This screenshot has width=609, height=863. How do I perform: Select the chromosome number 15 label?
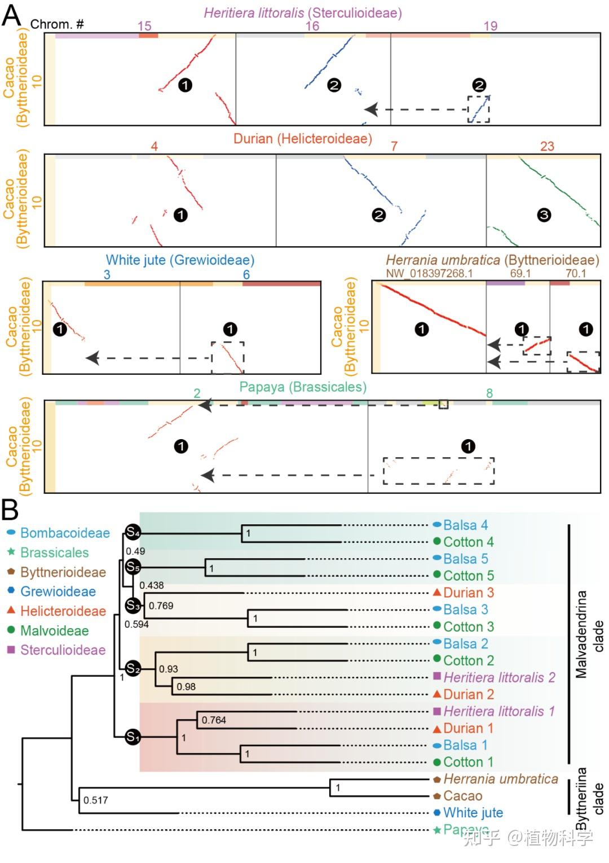click(x=144, y=26)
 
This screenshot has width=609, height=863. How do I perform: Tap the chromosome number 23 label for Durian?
click(x=547, y=146)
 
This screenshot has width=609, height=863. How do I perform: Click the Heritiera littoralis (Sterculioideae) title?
click(x=303, y=13)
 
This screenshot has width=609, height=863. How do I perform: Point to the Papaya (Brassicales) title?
click(x=303, y=387)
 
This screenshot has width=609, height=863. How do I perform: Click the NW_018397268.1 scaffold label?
click(x=429, y=274)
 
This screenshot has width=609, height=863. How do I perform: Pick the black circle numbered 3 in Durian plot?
click(x=544, y=215)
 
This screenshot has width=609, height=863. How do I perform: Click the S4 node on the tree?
click(x=133, y=532)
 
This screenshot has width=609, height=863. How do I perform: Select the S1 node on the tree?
click(x=133, y=737)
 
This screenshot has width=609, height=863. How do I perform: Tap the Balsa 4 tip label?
click(x=465, y=525)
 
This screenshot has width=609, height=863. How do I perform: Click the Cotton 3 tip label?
click(x=468, y=627)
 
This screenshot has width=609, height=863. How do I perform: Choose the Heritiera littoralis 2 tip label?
click(x=499, y=677)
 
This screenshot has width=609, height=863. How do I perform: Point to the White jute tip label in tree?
click(x=473, y=813)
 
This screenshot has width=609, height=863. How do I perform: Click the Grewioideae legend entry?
click(x=58, y=592)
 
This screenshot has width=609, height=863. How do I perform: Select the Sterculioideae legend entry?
click(x=63, y=650)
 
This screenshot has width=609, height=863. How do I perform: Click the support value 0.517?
click(x=95, y=800)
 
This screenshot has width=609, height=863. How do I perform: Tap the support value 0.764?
click(x=214, y=720)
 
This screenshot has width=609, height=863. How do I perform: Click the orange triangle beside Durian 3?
click(x=437, y=593)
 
